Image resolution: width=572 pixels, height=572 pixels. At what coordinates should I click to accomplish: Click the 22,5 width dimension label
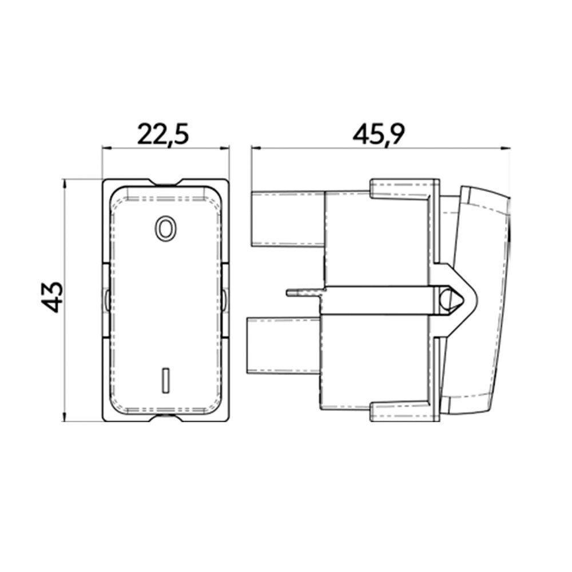click(163, 136)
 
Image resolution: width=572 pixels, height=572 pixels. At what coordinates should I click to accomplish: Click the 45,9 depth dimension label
click(379, 136)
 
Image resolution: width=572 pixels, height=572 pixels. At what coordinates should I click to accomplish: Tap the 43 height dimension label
click(52, 297)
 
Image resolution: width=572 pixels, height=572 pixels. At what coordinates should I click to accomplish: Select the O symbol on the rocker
click(166, 228)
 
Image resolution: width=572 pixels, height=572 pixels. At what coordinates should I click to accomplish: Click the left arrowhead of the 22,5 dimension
click(106, 148)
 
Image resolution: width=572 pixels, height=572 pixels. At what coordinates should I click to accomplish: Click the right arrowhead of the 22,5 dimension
click(225, 148)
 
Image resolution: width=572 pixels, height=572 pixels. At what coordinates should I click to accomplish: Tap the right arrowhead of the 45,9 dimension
click(506, 148)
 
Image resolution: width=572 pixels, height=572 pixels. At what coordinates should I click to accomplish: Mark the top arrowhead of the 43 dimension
click(65, 184)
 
